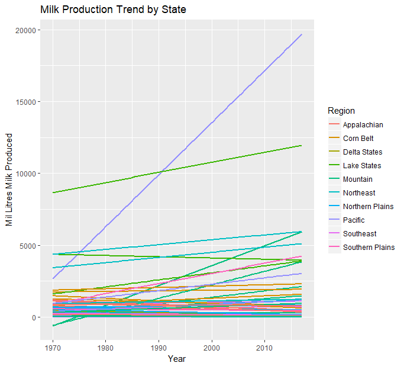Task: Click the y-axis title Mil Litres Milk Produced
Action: (x=9, y=180)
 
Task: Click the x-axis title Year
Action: (x=177, y=358)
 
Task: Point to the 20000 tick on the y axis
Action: (x=27, y=30)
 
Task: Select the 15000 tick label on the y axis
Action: (x=27, y=102)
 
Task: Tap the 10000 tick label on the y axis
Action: (x=27, y=174)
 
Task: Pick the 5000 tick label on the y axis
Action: (x=29, y=246)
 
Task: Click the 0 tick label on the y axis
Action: (x=34, y=317)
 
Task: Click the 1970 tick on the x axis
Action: (x=53, y=345)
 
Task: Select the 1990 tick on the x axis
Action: (x=159, y=345)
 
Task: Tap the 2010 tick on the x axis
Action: (x=264, y=345)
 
